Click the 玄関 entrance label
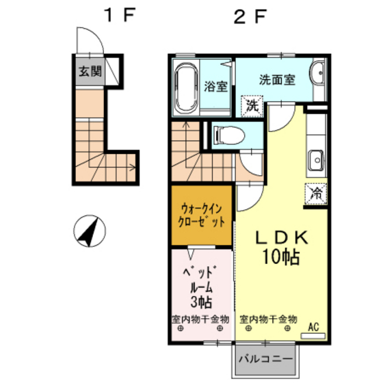[88, 71]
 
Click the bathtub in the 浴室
[185, 88]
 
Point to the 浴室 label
[216, 87]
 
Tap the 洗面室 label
[277, 79]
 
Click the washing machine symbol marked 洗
[252, 106]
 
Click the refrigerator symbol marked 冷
[316, 193]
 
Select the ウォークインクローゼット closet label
[202, 216]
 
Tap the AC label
[315, 328]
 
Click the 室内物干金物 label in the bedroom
[200, 319]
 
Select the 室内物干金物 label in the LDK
[268, 319]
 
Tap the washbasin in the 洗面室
[317, 75]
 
